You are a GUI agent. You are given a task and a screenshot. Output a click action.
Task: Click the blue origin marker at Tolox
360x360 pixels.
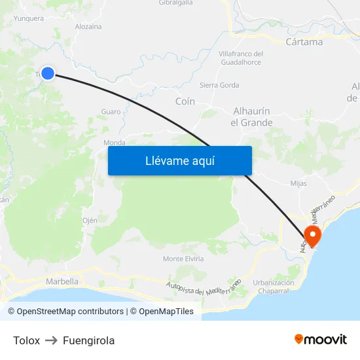point(48,73)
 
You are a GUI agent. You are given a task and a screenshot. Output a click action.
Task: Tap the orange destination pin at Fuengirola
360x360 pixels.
point(312,236)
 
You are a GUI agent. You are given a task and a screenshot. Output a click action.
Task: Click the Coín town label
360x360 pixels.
point(185,101)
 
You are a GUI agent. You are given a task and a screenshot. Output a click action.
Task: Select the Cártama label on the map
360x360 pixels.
point(304,42)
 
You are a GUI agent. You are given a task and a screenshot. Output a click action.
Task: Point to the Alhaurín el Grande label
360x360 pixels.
point(251,117)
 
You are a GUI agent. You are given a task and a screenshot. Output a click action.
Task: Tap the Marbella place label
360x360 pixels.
point(62,281)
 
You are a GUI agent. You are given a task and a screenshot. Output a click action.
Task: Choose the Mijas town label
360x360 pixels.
point(298,183)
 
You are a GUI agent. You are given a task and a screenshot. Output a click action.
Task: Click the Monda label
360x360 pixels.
point(115,143)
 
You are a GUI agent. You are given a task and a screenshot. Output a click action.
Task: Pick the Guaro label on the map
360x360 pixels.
point(111,112)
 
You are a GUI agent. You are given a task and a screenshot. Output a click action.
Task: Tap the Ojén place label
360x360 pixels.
point(90,221)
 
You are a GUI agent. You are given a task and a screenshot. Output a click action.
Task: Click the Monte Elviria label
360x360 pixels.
point(182,259)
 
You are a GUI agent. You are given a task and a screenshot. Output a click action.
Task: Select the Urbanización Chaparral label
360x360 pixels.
point(273,287)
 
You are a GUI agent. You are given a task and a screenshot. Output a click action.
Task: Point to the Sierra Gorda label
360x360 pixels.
point(219,85)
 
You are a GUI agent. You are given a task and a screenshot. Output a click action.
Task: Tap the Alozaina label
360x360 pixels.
point(88,27)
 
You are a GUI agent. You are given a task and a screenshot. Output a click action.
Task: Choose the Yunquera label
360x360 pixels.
point(29,18)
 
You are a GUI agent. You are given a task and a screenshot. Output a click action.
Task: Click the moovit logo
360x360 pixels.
point(321,340)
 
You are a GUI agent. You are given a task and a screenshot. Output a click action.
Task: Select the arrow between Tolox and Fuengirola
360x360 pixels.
point(52,340)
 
